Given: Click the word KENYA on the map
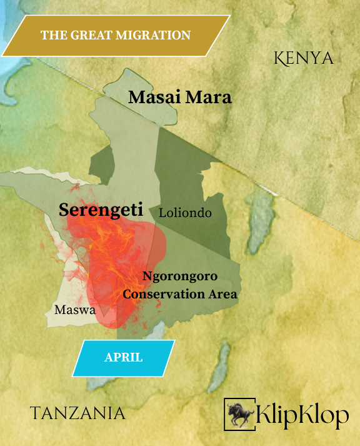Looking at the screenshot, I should coord(304,59).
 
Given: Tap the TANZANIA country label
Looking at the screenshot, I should coord(78,413).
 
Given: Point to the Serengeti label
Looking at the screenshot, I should coord(101,210).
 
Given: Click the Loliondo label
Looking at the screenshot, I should coord(185,213).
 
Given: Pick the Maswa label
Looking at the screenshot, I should coord(74,310).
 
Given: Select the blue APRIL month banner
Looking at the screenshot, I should coord(124,358).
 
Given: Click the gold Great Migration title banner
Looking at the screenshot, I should coord(115,35).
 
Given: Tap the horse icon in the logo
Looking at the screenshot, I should coord(239,413).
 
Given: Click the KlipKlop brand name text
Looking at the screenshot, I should coord(302,414).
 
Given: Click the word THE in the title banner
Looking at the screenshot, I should coord(52,35).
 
